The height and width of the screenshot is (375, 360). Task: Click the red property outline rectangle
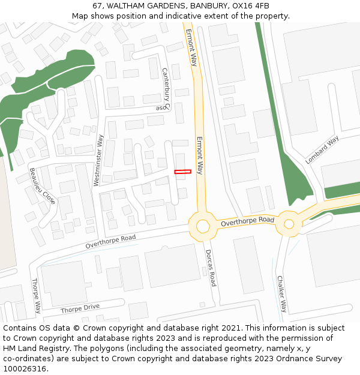[182, 172]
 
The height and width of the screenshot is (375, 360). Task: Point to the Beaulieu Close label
[43, 186]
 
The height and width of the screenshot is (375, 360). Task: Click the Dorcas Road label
[209, 268]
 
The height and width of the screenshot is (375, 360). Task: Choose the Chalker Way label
[281, 293]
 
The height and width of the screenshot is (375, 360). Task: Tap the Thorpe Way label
[36, 296]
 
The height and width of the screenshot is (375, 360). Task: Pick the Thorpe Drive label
[80, 309]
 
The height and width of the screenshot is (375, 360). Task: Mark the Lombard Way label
[322, 149]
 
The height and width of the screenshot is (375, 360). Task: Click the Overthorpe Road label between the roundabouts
[247, 221]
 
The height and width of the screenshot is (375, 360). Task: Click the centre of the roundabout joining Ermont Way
[202, 226]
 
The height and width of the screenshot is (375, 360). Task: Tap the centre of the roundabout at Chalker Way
[289, 224]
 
